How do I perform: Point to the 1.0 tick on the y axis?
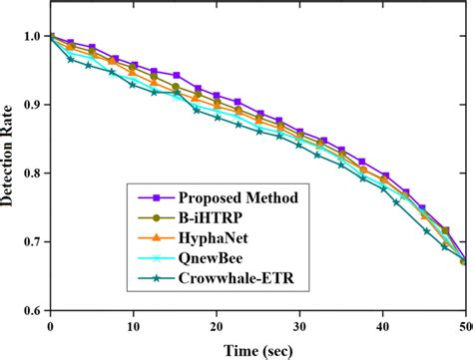(x=34, y=37)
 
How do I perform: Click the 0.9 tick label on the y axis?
(x=34, y=105)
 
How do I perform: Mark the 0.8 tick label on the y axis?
(x=34, y=174)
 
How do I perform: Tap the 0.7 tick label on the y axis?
(x=34, y=241)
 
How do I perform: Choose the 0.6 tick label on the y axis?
(x=34, y=309)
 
